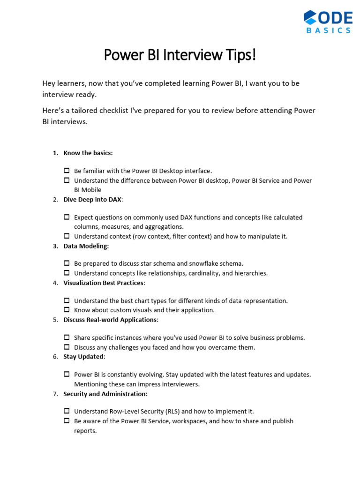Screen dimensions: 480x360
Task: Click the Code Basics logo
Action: click(x=328, y=22)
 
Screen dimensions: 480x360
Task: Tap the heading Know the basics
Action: click(x=88, y=153)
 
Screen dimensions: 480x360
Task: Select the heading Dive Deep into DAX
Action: click(x=93, y=200)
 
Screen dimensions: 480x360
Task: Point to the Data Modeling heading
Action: click(x=86, y=246)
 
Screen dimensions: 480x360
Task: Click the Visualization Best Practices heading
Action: click(x=104, y=283)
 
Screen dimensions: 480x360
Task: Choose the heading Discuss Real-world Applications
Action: click(x=111, y=320)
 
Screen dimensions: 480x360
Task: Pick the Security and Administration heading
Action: click(x=105, y=394)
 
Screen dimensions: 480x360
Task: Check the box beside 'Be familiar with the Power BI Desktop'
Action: click(x=67, y=171)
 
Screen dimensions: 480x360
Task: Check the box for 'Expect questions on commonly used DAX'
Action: click(x=67, y=217)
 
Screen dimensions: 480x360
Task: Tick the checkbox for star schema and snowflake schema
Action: click(x=67, y=263)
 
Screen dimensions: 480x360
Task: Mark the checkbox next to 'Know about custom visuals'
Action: click(x=67, y=310)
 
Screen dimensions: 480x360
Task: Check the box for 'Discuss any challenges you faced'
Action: click(x=67, y=347)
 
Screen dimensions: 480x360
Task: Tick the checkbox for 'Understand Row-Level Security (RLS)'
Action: click(x=67, y=411)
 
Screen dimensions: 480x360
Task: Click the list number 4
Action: click(x=55, y=283)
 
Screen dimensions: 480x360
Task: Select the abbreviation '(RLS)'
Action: click(x=172, y=412)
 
